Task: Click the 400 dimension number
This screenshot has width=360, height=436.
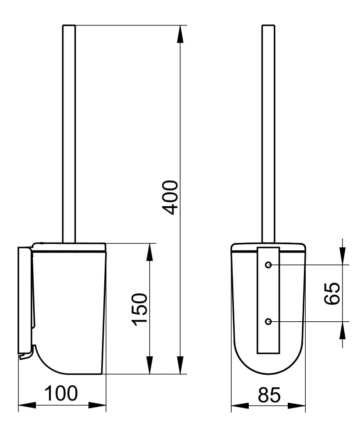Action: click(169, 197)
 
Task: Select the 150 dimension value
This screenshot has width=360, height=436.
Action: click(139, 309)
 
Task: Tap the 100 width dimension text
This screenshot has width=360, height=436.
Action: click(61, 393)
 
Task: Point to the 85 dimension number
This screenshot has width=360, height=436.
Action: click(269, 395)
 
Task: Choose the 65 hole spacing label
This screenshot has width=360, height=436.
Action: click(332, 294)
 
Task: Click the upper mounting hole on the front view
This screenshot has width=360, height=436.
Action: click(268, 265)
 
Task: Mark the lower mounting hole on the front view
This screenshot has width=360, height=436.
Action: click(268, 321)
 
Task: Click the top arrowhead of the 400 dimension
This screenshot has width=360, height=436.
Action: click(180, 34)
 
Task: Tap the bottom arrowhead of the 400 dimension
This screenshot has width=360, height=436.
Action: click(180, 365)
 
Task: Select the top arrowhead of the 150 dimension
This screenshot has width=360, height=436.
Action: click(150, 252)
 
